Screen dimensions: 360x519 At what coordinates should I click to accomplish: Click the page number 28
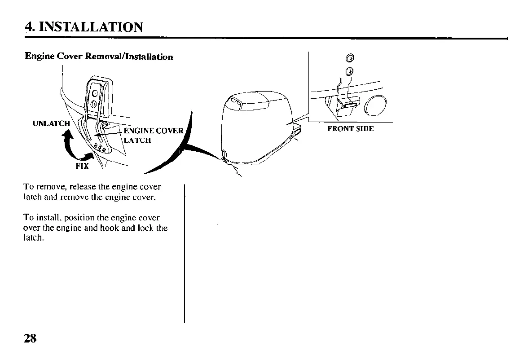click(31, 338)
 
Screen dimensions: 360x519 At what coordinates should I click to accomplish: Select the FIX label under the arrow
click(82, 166)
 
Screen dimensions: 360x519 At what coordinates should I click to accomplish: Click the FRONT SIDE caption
click(350, 129)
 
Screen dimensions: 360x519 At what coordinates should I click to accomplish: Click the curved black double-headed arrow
click(74, 146)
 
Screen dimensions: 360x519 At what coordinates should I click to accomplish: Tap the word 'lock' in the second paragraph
click(144, 228)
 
